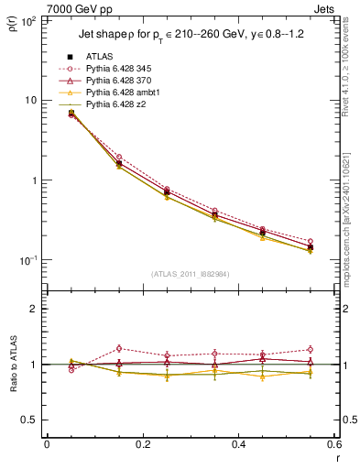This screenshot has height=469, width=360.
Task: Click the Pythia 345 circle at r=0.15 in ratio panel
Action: pos(119,348)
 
